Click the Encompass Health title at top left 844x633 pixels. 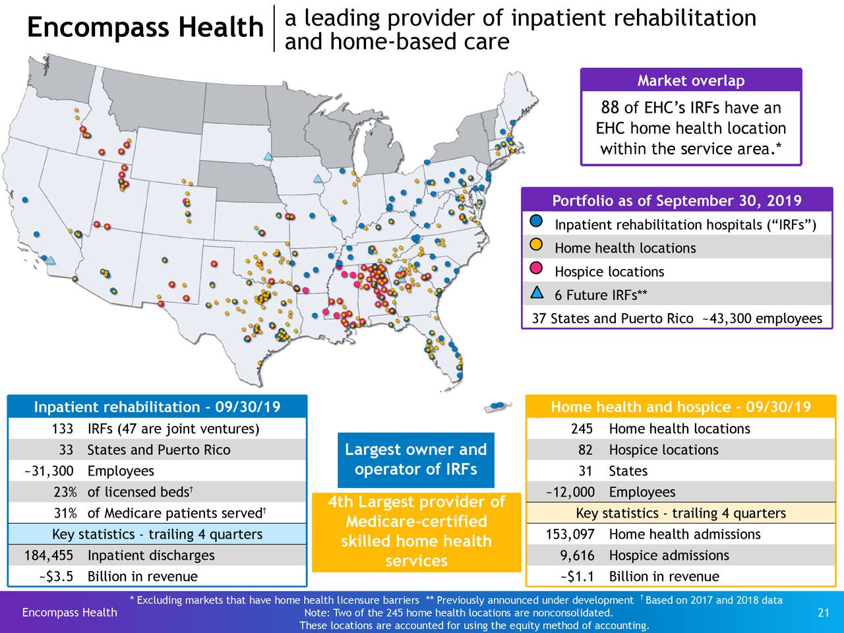click(x=145, y=28)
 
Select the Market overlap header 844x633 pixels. click(x=690, y=80)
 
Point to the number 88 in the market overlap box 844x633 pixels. click(x=609, y=107)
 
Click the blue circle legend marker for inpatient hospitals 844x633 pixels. click(x=537, y=221)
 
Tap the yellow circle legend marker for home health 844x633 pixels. click(x=537, y=245)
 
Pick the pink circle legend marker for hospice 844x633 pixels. click(x=537, y=268)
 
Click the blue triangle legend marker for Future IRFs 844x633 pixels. click(x=537, y=293)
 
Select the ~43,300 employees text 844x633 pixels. click(x=762, y=319)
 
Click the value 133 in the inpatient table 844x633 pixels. click(x=62, y=429)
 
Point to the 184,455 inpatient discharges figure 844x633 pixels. click(x=49, y=556)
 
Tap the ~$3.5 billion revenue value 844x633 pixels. click(x=55, y=577)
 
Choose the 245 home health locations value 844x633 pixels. click(x=582, y=429)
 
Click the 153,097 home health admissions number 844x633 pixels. click(x=570, y=535)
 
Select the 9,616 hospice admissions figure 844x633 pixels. click(x=577, y=556)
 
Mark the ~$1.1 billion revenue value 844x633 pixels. click(x=577, y=577)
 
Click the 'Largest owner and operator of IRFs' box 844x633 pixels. click(x=415, y=460)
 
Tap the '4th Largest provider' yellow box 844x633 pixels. click(x=416, y=531)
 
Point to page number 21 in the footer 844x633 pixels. click(x=823, y=613)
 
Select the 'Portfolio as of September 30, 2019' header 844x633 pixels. click(x=677, y=200)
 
